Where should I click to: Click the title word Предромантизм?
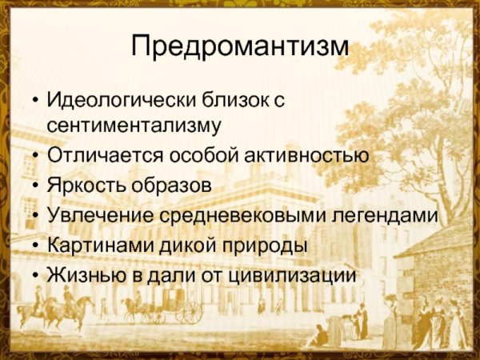coord(240,46)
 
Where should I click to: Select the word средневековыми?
coord(232,215)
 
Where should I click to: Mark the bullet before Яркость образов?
coord(34,186)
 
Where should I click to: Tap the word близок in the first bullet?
coord(231,102)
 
